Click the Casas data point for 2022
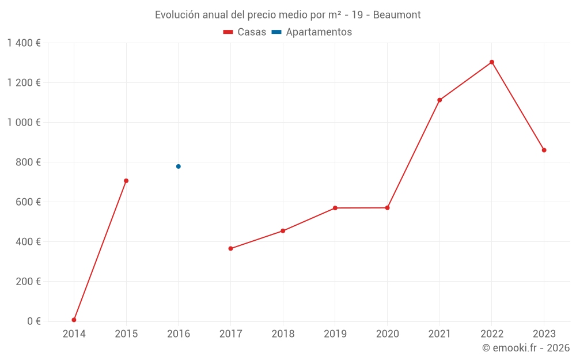tap(492, 62)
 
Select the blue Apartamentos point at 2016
tap(179, 166)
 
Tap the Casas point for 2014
tap(74, 320)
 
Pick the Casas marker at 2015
tap(126, 181)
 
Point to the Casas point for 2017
tap(230, 249)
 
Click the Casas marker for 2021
tap(439, 100)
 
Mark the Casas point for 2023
tap(544, 150)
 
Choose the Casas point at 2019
tap(335, 208)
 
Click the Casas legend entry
tap(245, 32)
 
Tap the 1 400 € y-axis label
tap(24, 43)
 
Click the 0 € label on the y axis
tap(33, 321)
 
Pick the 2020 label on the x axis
tap(387, 334)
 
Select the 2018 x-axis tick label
tap(283, 334)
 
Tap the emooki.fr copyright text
tap(526, 348)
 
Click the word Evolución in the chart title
tap(176, 15)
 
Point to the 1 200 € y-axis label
tap(24, 83)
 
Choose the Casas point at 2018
tap(283, 231)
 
